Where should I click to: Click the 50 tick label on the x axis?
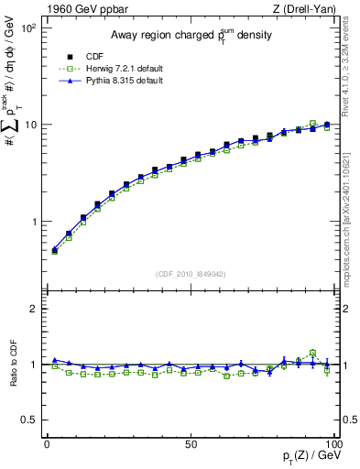[x=190, y=442]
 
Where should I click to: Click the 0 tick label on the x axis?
[x=47, y=442]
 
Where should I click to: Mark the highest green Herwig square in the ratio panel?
[x=312, y=353]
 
